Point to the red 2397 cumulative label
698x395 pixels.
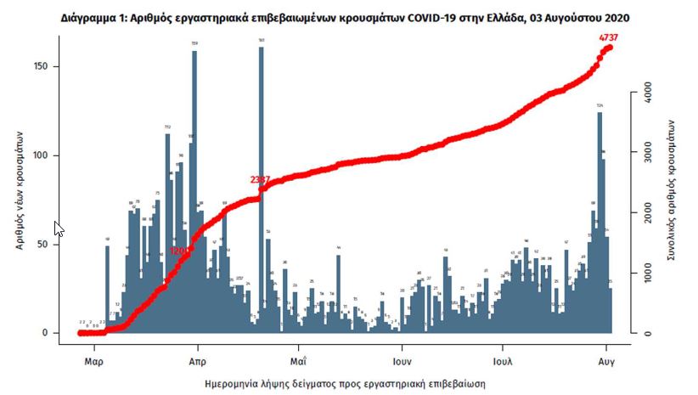pos(261,180)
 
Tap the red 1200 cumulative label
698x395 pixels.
pos(180,251)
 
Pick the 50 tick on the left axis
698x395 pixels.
pos(52,245)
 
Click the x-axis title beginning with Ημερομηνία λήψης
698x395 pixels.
pos(345,384)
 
